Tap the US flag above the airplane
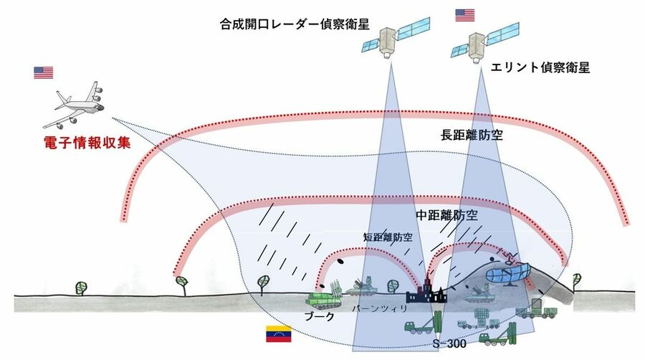pyautogui.click(x=44, y=72)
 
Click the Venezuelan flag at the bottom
pyautogui.click(x=277, y=335)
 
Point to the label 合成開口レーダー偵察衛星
pyautogui.click(x=295, y=24)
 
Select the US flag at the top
pyautogui.click(x=464, y=15)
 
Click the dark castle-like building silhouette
pyautogui.click(x=424, y=292)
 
